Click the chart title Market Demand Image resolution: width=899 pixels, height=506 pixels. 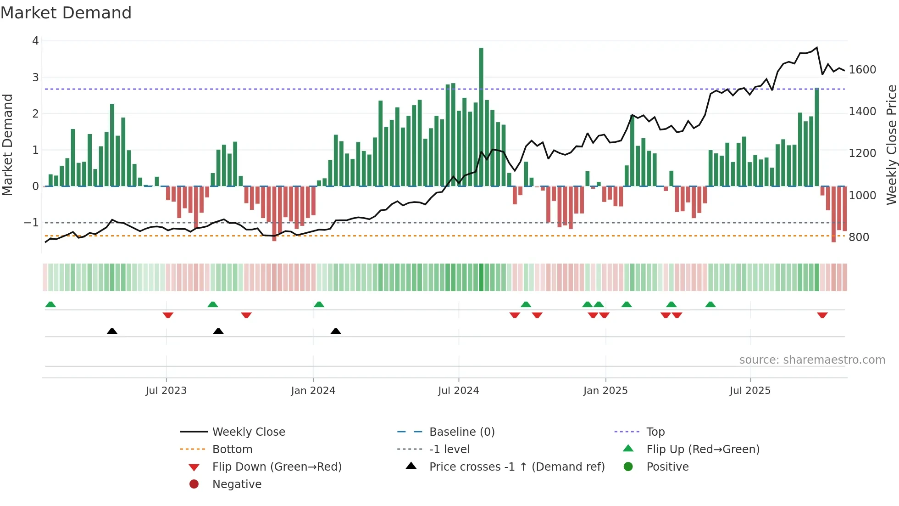pos(66,13)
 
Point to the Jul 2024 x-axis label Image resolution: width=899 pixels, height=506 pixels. pos(458,390)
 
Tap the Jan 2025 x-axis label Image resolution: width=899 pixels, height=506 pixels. pos(605,390)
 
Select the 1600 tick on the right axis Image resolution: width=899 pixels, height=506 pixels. pos(862,69)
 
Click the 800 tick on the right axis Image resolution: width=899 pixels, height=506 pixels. pos(859,237)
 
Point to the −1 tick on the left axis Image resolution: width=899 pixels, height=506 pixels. pos(31,223)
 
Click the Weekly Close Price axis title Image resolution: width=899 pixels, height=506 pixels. pos(891,145)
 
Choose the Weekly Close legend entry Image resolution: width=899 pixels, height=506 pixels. pos(248,432)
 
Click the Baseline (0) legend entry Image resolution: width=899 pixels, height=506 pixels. pos(461,432)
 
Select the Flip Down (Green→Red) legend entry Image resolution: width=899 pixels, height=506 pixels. pos(277,467)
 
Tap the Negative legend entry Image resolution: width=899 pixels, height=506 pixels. pos(237,484)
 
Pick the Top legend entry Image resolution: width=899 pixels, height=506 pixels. pos(655,432)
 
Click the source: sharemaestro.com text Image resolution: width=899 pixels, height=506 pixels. pos(812,360)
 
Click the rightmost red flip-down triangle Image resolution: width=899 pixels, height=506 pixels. pos(822,315)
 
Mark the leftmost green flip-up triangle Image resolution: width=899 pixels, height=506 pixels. pos(50,304)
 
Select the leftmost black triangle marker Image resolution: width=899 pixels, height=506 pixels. pos(112,331)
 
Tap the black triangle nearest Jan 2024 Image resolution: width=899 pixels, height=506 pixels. pos(336,331)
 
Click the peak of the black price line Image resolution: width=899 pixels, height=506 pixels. pos(817,47)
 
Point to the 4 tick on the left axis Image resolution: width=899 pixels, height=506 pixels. pos(35,41)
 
